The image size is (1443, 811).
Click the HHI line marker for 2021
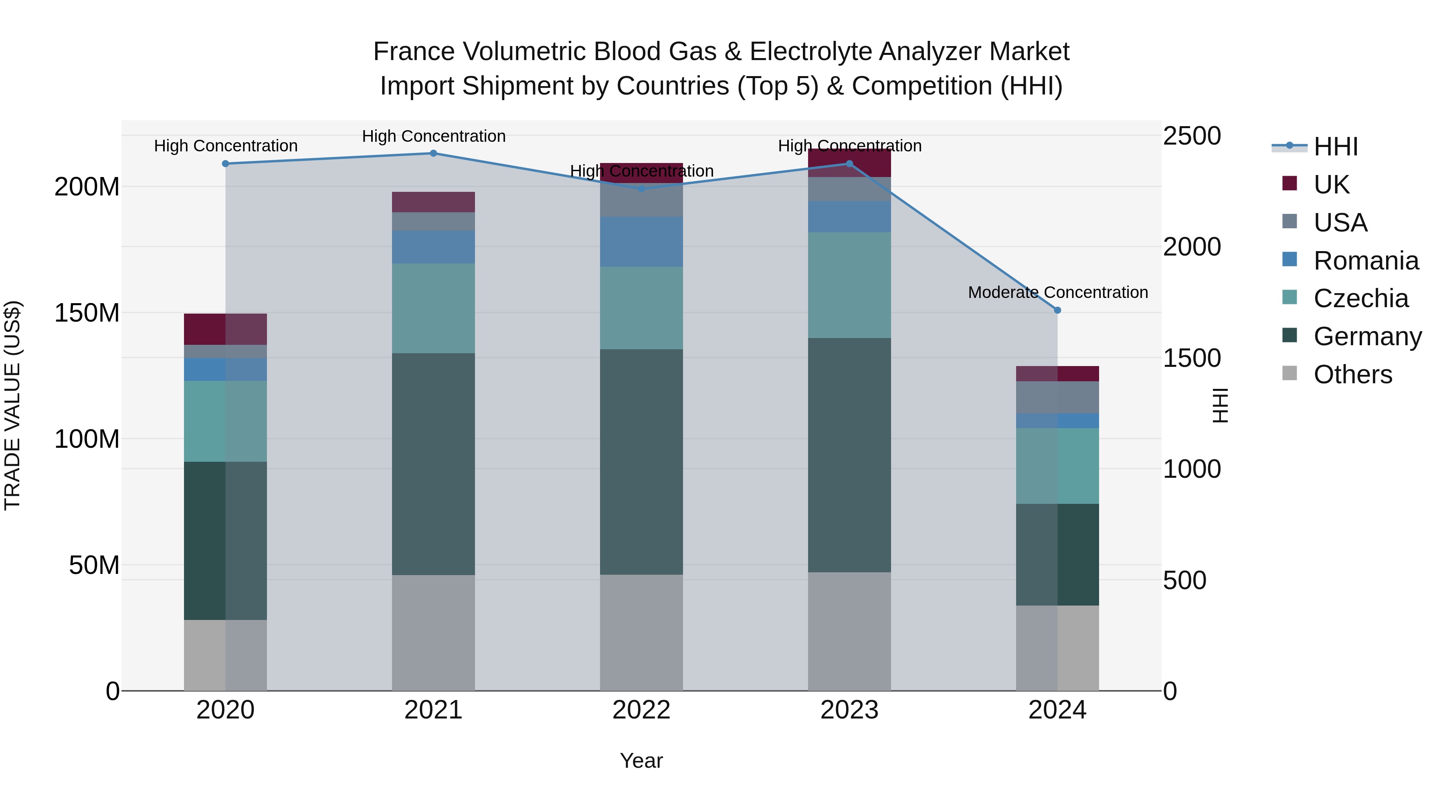[x=433, y=153]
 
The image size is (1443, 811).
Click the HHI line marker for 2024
[x=1057, y=310]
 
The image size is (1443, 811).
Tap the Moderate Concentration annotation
[x=1058, y=292]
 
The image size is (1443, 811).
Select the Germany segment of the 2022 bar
[x=641, y=462]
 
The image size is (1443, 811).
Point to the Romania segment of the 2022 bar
[x=641, y=242]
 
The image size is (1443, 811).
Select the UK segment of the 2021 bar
[x=433, y=202]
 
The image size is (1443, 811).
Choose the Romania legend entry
[x=1366, y=261]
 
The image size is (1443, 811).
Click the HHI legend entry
[x=1336, y=147]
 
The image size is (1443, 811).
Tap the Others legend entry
[x=1352, y=374]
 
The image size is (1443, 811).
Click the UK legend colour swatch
[x=1289, y=183]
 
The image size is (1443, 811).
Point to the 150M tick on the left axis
[x=87, y=313]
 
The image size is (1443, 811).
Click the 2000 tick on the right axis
[x=1192, y=247]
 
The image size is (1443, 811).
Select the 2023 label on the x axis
[x=849, y=710]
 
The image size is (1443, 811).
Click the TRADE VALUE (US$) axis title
[x=12, y=405]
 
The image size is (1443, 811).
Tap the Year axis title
[x=641, y=761]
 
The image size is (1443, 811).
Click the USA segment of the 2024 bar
[x=1057, y=397]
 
